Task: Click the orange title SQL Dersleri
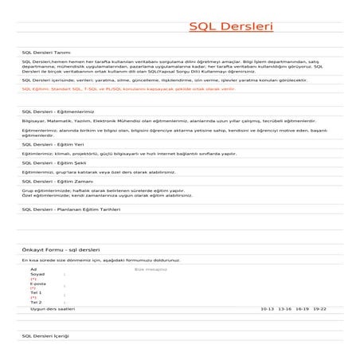(231, 28)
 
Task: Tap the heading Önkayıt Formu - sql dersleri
(61, 249)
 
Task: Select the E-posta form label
(37, 284)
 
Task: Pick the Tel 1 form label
(36, 293)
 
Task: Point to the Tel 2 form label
(36, 303)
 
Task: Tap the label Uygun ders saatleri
(53, 308)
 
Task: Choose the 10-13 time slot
(267, 308)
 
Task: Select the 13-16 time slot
(284, 308)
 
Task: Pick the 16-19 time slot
(302, 308)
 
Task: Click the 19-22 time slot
(319, 308)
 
